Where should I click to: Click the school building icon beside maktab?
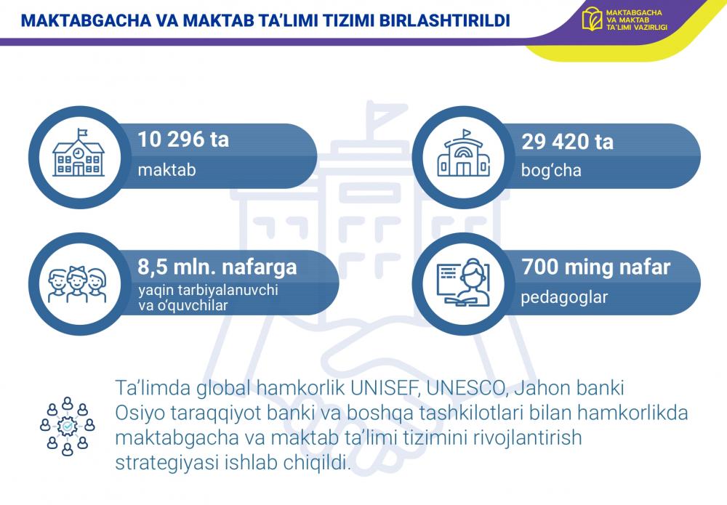pyautogui.click(x=79, y=153)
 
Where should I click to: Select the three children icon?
pyautogui.click(x=78, y=283)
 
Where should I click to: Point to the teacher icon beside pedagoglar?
pyautogui.click(x=463, y=282)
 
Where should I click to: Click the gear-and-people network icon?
pyautogui.click(x=68, y=426)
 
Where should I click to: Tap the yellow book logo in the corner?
pyautogui.click(x=592, y=19)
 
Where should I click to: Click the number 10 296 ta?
pyautogui.click(x=184, y=140)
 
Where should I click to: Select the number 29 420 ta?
pyautogui.click(x=567, y=142)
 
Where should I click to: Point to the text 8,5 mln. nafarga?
pyautogui.click(x=217, y=267)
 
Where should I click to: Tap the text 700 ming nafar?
pyautogui.click(x=596, y=267)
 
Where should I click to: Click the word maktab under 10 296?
pyautogui.click(x=167, y=170)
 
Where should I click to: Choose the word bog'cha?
pyautogui.click(x=551, y=171)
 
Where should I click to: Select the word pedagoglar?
pyautogui.click(x=564, y=297)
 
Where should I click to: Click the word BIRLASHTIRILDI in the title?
pyautogui.click(x=445, y=21)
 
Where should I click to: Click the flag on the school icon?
pyautogui.click(x=81, y=132)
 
